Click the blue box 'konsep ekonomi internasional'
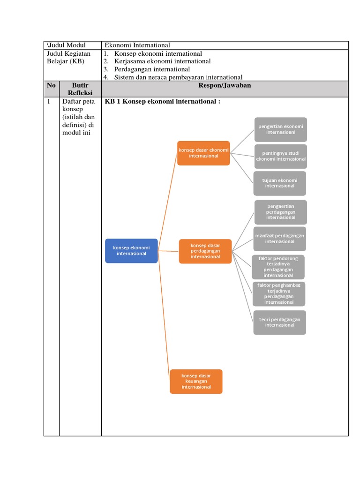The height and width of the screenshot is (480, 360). [131, 250]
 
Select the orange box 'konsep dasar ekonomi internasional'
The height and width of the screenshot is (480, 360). [203, 153]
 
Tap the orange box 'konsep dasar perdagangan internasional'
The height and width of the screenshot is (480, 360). [205, 251]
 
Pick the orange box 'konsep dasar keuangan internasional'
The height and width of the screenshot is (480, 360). [196, 381]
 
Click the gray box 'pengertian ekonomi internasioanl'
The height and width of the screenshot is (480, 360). [280, 129]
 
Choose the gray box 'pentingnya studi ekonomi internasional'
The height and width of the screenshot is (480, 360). [280, 156]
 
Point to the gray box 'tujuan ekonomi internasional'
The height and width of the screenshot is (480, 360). [280, 183]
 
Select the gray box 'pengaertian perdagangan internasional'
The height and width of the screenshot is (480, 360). [280, 212]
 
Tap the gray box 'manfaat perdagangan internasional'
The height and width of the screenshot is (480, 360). [280, 238]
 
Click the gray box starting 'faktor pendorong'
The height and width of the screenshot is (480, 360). [278, 267]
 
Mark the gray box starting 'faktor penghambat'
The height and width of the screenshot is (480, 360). [279, 293]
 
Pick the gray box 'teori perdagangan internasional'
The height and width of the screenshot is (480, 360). [279, 322]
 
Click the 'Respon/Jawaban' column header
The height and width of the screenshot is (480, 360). [225, 86]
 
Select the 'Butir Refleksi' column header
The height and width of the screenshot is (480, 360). [80, 89]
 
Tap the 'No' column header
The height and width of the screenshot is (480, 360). [51, 86]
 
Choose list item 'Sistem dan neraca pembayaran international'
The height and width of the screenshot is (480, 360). [178, 77]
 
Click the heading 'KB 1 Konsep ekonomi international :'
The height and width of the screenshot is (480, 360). [163, 102]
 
